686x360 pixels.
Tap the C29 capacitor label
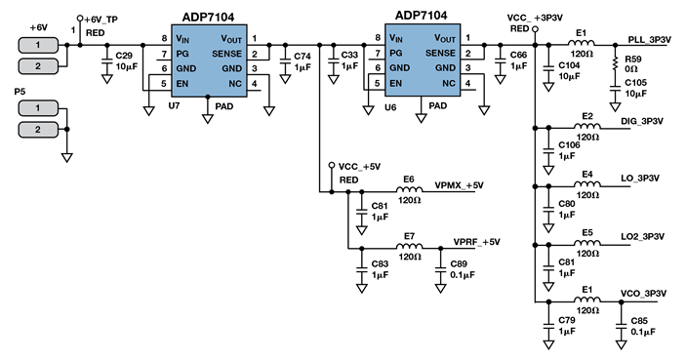tap(124, 57)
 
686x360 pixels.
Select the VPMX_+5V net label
tap(459, 184)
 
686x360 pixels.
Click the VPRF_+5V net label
tap(477, 241)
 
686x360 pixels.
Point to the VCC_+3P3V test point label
tap(535, 19)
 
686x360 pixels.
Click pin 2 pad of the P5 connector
tap(38, 129)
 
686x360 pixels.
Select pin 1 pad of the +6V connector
tap(38, 46)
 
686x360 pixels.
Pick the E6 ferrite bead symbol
tap(409, 192)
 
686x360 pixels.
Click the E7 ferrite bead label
tap(409, 236)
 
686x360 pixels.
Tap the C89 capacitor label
tap(457, 263)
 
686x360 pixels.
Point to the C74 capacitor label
tap(303, 57)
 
